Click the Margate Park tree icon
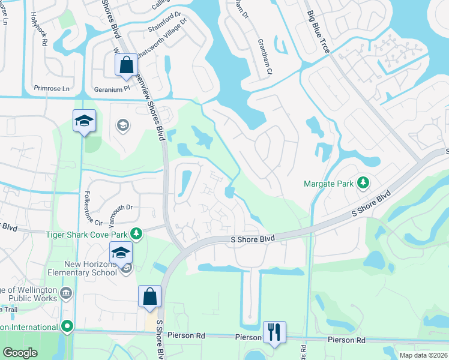(363, 182)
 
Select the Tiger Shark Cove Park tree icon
(137, 233)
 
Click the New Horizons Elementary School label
(91, 268)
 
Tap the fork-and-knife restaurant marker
(274, 332)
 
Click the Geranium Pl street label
(112, 88)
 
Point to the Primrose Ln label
(52, 88)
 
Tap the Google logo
(20, 353)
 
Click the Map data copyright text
(423, 355)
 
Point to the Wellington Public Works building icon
(65, 293)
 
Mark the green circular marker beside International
(67, 327)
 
